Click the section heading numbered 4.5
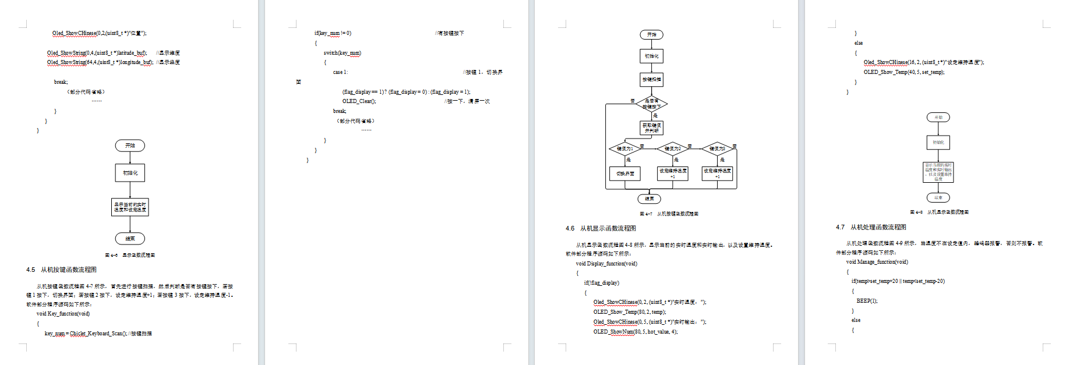(x=61, y=270)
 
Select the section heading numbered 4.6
(x=601, y=228)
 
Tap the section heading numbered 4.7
(x=871, y=227)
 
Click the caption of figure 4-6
(x=130, y=255)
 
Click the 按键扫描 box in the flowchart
(x=651, y=79)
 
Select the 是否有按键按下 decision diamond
(x=651, y=104)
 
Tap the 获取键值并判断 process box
(x=651, y=128)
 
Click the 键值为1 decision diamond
(x=625, y=149)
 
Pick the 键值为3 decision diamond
(x=717, y=149)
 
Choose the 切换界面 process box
(x=625, y=173)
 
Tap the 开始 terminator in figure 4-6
(x=130, y=146)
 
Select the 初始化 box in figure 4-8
(x=938, y=143)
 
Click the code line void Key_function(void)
(x=63, y=314)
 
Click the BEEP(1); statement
(x=867, y=301)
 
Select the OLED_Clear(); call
(x=359, y=101)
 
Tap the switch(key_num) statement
(x=343, y=53)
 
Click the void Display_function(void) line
(x=606, y=264)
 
